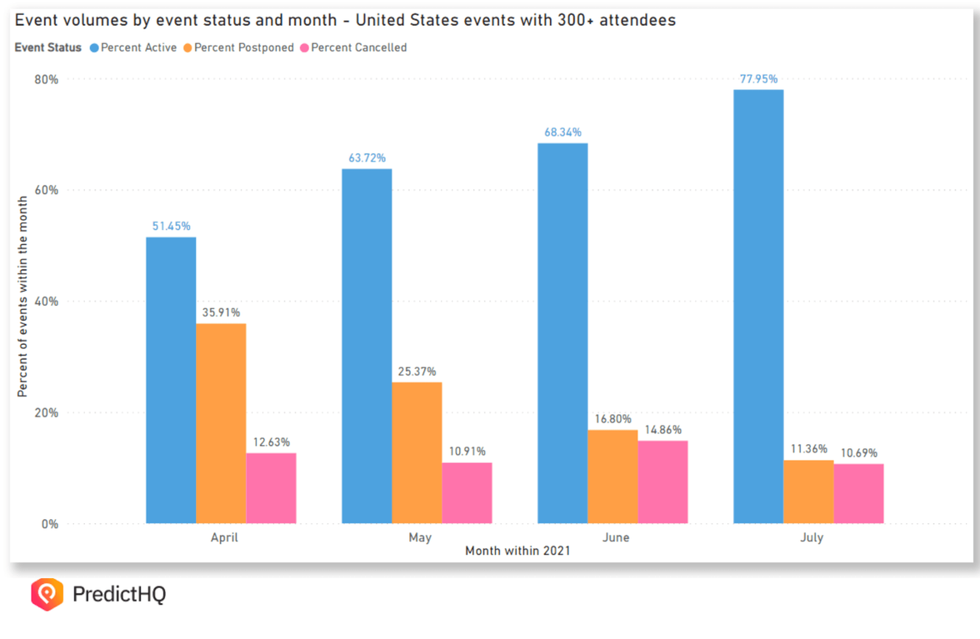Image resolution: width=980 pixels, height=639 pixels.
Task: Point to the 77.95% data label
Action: [758, 79]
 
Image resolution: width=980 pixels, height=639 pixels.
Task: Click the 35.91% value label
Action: [221, 312]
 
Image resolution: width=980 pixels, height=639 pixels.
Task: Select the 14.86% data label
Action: [662, 430]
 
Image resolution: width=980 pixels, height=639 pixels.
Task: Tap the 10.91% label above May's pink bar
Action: [467, 452]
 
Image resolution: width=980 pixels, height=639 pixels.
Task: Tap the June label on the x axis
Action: [615, 537]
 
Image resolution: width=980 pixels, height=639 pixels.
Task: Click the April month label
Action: [223, 537]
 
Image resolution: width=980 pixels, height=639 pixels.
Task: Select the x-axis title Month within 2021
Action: [517, 551]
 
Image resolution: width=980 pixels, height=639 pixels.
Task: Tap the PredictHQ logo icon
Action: [47, 594]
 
